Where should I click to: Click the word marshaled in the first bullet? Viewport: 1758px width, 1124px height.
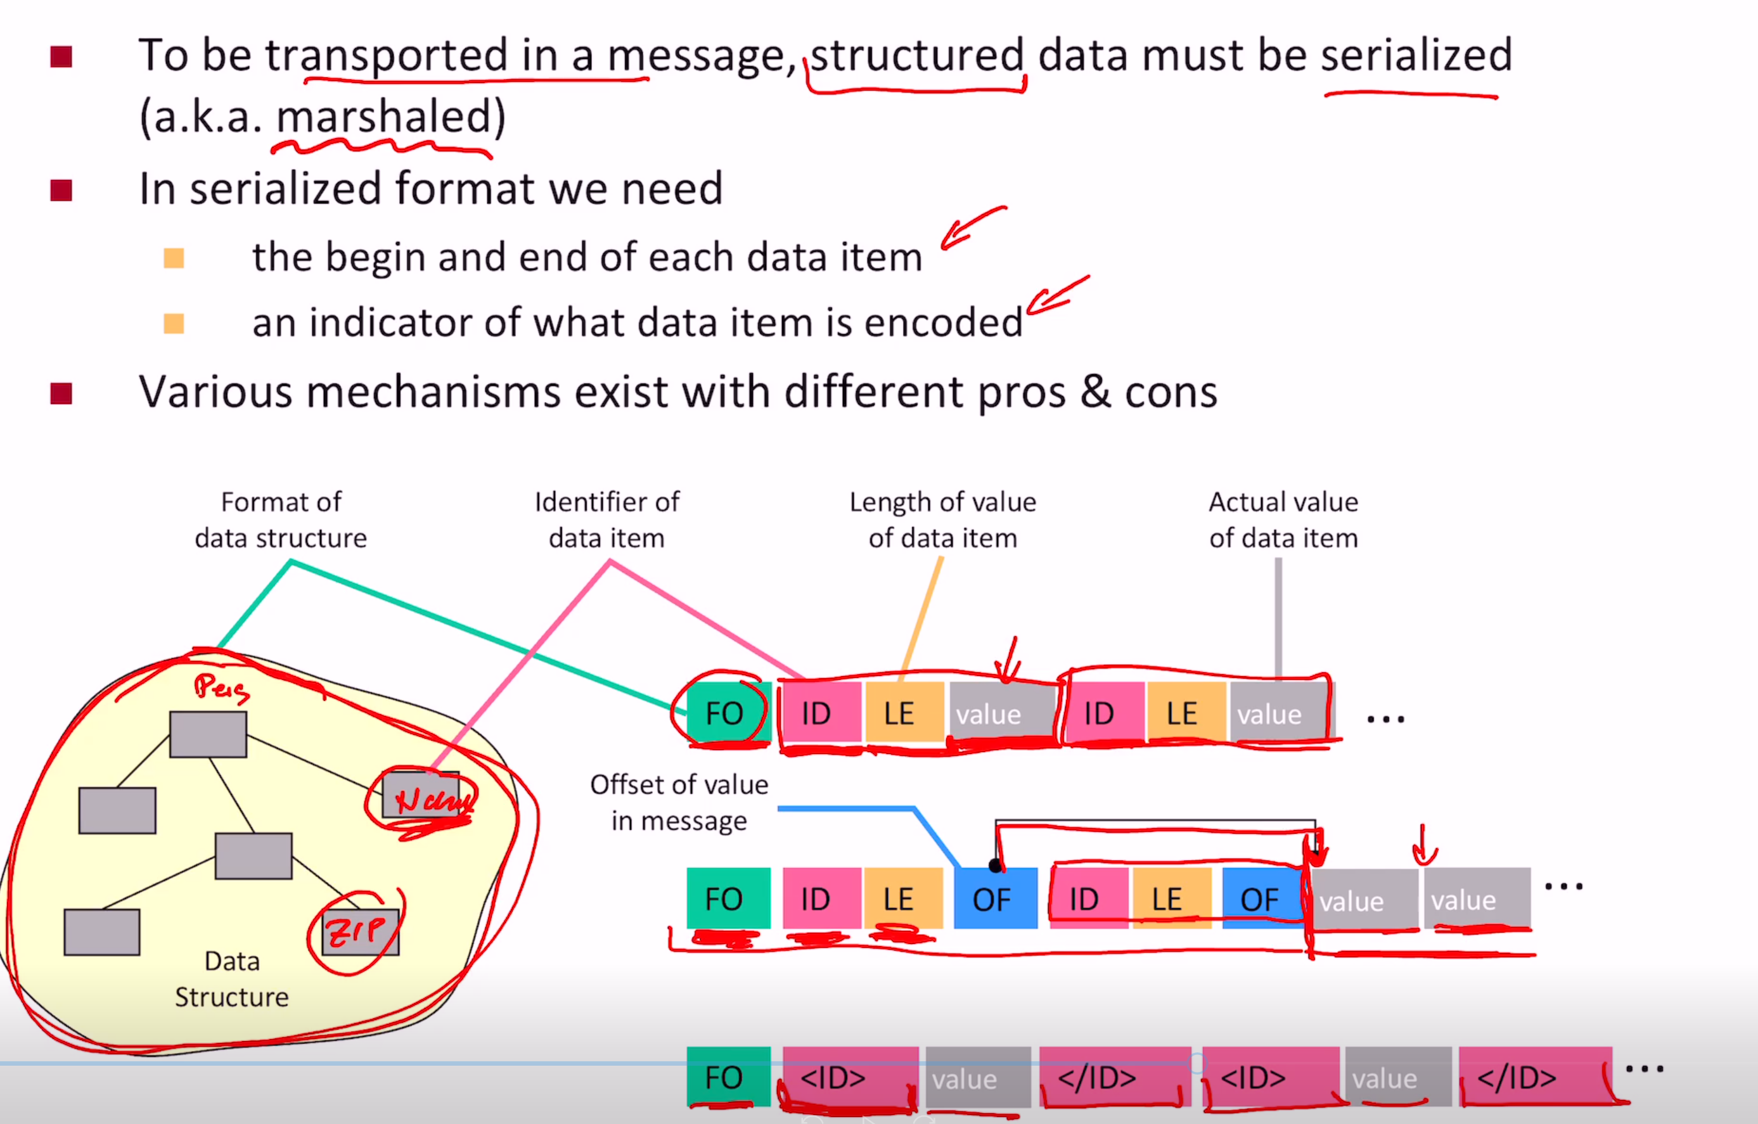point(384,117)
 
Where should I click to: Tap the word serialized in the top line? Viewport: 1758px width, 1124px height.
point(1416,56)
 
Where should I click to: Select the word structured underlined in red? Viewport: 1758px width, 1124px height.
point(917,56)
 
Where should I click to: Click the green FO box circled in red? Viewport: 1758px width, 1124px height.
point(724,713)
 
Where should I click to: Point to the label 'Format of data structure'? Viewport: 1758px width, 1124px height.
point(281,520)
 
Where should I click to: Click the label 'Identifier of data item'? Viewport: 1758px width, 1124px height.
point(606,520)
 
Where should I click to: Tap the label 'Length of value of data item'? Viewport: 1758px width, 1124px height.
point(942,520)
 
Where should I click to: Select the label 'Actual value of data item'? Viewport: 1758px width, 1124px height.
point(1283,520)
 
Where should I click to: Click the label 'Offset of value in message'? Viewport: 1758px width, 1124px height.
point(679,802)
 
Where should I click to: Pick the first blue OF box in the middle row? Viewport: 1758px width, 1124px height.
point(994,899)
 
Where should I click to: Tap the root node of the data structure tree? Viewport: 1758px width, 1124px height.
point(208,734)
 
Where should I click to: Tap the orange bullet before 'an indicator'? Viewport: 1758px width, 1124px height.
point(174,323)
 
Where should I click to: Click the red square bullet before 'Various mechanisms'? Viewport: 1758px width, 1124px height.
point(61,393)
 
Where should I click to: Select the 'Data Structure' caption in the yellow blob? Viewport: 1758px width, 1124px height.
point(232,979)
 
